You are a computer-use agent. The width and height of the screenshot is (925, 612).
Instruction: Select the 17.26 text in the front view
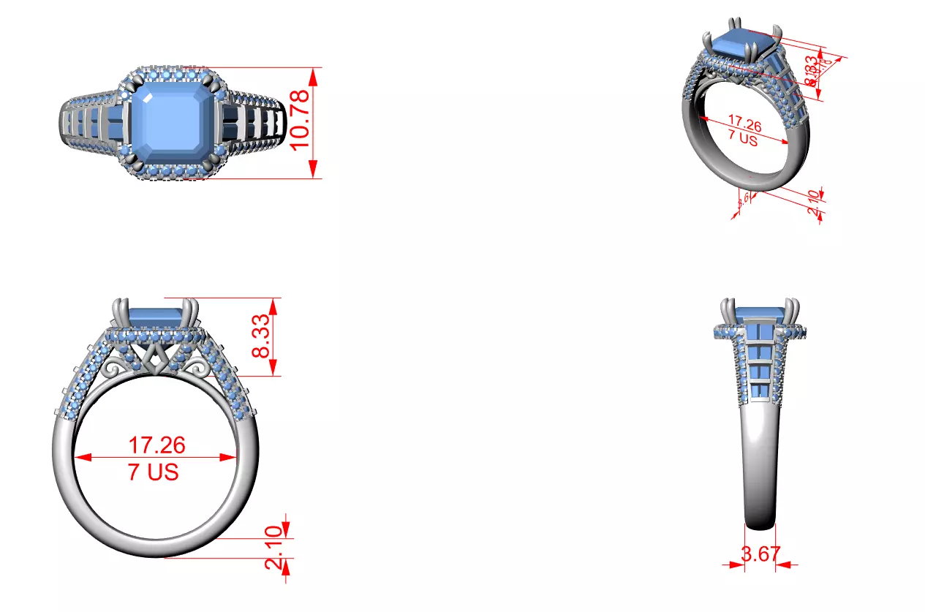pos(156,445)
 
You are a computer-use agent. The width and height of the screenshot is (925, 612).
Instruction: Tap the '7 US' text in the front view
pos(154,472)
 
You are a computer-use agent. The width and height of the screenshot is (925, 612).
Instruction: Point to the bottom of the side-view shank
pos(760,522)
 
